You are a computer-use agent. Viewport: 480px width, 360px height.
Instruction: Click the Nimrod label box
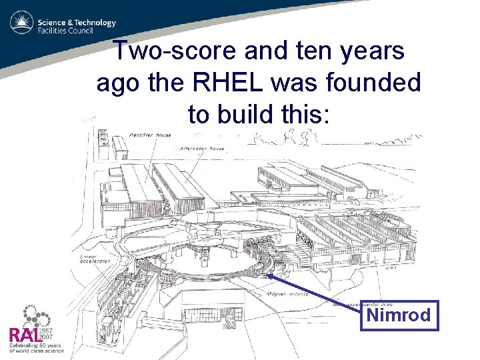tap(399, 315)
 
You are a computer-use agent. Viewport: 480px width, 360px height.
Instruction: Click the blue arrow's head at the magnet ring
tap(268, 274)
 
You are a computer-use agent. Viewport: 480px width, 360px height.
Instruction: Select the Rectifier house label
tap(151, 135)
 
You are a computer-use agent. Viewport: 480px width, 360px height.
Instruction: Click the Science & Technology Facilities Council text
tap(77, 26)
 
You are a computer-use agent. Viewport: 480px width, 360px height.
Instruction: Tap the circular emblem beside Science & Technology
tap(21, 25)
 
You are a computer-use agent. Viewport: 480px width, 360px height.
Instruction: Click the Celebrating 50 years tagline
tap(33, 347)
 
